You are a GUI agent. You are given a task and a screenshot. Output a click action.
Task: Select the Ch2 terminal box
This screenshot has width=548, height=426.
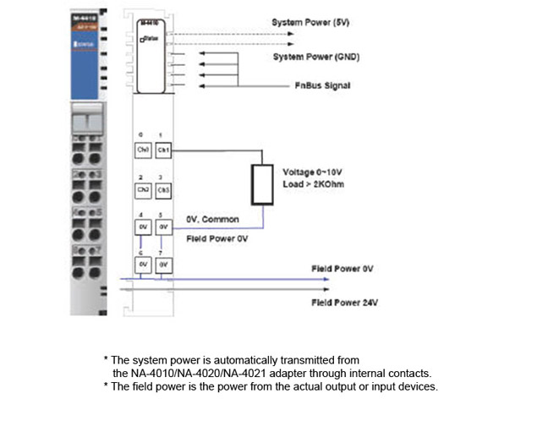pyautogui.click(x=144, y=190)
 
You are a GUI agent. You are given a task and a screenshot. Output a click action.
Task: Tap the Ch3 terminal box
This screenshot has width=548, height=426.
pyautogui.click(x=164, y=190)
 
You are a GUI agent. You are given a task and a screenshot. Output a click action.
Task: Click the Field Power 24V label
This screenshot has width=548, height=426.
pyautogui.click(x=342, y=302)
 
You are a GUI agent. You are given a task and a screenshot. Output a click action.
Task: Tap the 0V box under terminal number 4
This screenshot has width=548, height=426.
pyautogui.click(x=144, y=227)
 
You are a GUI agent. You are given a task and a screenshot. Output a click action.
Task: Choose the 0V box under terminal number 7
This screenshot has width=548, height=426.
pyautogui.click(x=164, y=265)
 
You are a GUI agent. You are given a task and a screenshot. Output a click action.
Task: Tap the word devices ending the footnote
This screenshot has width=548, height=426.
pyautogui.click(x=417, y=386)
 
